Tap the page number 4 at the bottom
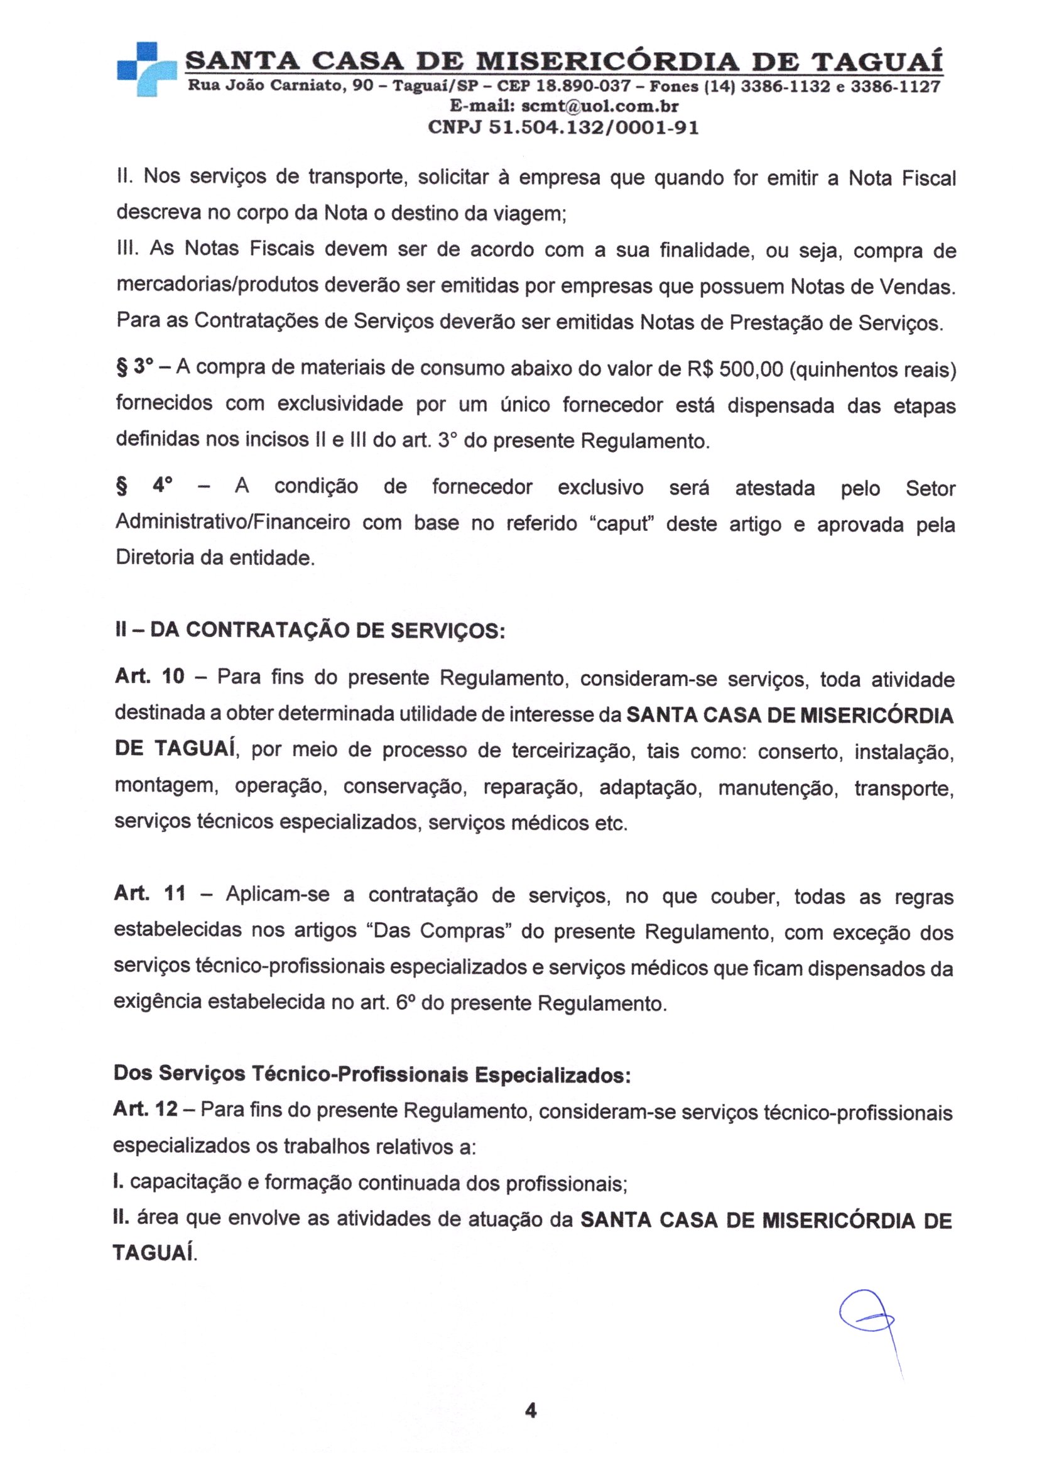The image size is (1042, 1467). coord(530,1410)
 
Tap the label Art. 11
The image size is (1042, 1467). coord(149,895)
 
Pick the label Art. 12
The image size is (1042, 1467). coord(145,1109)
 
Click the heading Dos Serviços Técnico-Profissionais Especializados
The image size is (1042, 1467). coord(372,1074)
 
